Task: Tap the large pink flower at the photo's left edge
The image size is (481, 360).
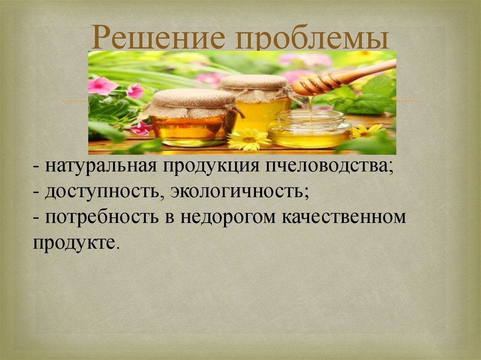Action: pos(101,86)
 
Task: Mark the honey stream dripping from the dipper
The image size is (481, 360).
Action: pos(311,104)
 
